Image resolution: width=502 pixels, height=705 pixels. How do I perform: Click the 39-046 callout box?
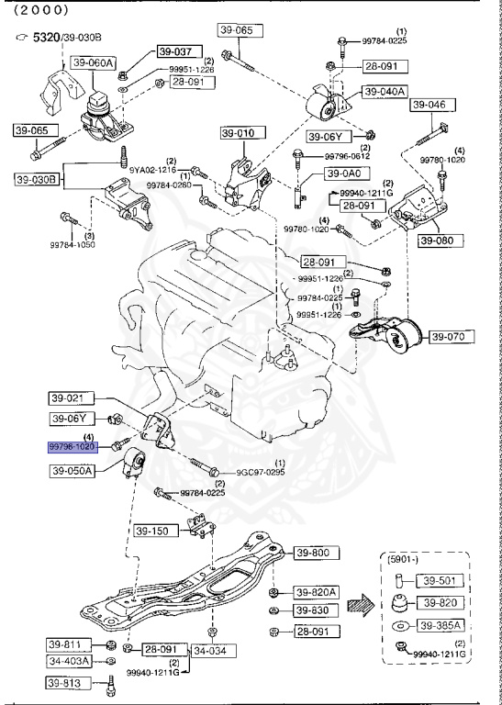click(x=429, y=106)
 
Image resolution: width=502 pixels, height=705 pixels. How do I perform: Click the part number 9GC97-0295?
click(x=262, y=472)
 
